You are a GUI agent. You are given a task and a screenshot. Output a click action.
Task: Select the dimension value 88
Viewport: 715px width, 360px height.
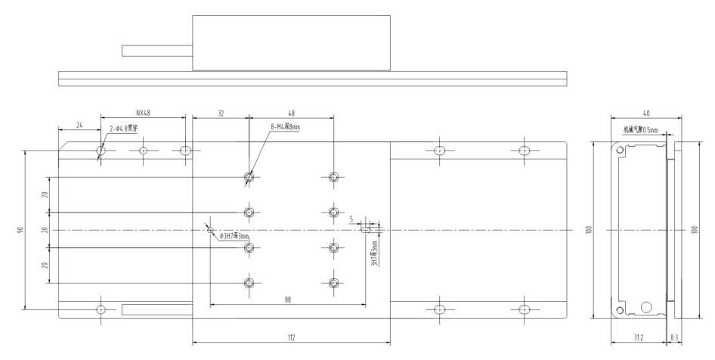coord(288,299)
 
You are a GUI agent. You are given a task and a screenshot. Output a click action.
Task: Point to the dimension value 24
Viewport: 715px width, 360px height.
coord(79,123)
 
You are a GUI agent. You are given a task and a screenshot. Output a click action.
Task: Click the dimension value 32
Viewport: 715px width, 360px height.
coord(221,112)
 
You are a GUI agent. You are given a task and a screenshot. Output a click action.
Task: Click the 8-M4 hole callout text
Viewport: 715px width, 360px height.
coord(285,127)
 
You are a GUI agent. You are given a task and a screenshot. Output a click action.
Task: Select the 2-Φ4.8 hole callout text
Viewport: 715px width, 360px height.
coord(122,129)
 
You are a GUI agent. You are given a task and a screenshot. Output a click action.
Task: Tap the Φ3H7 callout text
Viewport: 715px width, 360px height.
coord(234,237)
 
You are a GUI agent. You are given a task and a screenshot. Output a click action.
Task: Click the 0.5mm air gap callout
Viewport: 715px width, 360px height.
coord(641,129)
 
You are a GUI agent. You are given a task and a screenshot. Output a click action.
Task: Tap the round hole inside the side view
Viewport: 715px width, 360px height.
coord(646,307)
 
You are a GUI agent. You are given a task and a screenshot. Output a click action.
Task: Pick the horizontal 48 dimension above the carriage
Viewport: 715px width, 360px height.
coord(292,112)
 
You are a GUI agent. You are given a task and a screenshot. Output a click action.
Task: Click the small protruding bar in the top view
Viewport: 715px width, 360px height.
coord(157,51)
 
